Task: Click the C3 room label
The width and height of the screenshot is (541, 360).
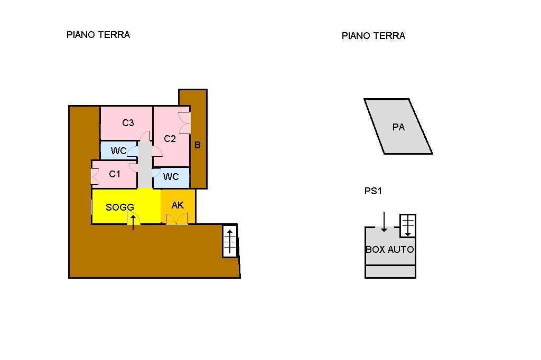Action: click(x=128, y=123)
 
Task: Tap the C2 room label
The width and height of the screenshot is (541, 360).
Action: click(x=170, y=139)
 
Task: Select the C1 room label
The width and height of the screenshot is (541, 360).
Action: click(x=115, y=174)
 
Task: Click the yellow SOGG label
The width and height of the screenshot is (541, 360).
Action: click(x=120, y=207)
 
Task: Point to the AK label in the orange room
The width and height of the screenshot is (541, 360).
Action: click(x=178, y=205)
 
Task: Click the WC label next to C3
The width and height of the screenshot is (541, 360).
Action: click(x=119, y=150)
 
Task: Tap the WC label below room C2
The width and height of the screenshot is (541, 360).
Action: click(x=171, y=176)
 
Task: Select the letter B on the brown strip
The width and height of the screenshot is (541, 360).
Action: click(x=198, y=145)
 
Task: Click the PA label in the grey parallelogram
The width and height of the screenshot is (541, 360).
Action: click(x=398, y=127)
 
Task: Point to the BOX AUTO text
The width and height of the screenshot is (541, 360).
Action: click(x=390, y=249)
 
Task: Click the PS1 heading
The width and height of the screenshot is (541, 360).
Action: click(x=373, y=191)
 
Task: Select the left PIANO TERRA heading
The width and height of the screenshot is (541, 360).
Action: click(x=98, y=35)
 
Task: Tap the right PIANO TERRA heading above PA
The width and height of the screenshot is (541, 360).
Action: click(x=374, y=36)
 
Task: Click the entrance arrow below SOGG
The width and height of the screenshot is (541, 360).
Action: click(x=133, y=222)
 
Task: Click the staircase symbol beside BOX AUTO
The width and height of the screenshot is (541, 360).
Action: click(x=408, y=226)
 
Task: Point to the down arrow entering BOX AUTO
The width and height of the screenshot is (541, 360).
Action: click(x=384, y=222)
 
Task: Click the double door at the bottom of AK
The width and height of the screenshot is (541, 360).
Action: click(x=177, y=220)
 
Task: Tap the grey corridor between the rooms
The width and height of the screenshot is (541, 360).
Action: click(x=145, y=165)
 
